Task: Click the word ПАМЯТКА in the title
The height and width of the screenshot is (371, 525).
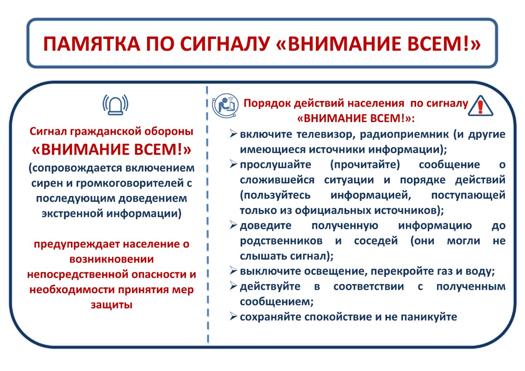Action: tap(91, 44)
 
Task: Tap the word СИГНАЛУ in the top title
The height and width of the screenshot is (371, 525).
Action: tap(225, 44)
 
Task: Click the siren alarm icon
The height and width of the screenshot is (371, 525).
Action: tap(115, 105)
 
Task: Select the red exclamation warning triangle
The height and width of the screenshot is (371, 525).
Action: tap(480, 106)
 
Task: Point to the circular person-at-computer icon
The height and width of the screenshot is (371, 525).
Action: tap(225, 105)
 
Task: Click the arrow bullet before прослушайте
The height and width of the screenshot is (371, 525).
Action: tap(234, 164)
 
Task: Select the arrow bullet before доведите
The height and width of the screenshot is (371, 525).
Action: tap(234, 225)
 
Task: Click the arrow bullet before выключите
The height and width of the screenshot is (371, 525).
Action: tap(234, 271)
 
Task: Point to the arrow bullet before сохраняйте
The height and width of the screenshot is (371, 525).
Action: tap(234, 316)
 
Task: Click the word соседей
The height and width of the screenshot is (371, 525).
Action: tap(376, 241)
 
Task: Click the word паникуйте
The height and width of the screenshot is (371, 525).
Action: tap(429, 317)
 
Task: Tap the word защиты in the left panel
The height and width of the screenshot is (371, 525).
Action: tap(112, 305)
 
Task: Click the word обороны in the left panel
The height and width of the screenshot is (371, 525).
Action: tap(169, 132)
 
